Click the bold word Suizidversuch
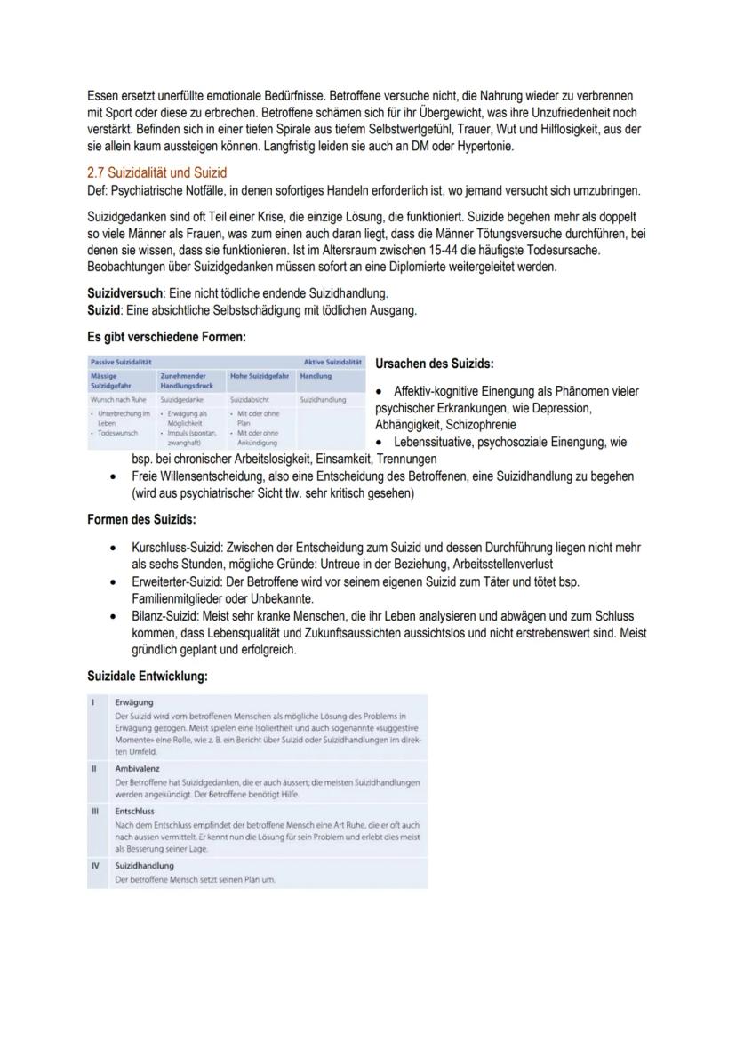[124, 293]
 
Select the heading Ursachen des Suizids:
[435, 364]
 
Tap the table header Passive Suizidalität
[120, 362]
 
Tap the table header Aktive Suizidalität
[332, 362]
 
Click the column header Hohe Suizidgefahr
[260, 376]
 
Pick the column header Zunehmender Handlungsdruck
[186, 381]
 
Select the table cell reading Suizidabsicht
[248, 400]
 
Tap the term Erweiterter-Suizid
[172, 581]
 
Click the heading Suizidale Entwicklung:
[148, 677]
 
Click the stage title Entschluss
[135, 812]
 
